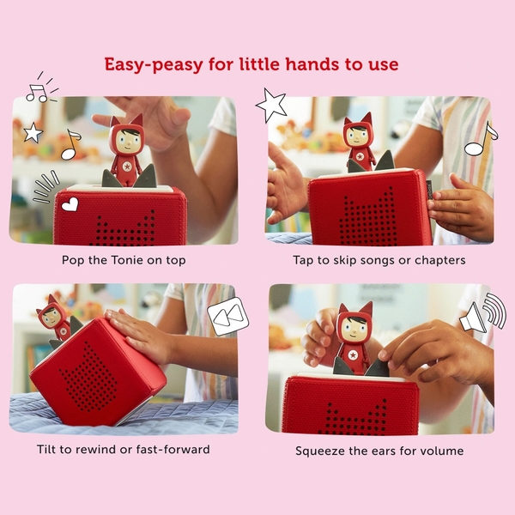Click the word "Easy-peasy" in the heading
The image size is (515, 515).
pos(154,64)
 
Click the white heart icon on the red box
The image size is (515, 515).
pos(70,204)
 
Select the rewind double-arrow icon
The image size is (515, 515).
pos(228,316)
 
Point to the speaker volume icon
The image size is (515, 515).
pos(482,312)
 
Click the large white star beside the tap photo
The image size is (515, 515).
pos(271,105)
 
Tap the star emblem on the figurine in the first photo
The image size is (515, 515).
pos(127,167)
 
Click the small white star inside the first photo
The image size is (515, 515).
pos(33,132)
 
